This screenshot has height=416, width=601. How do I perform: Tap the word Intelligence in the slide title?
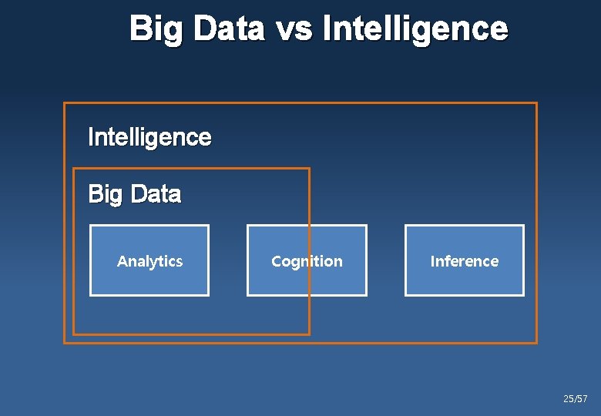click(415, 29)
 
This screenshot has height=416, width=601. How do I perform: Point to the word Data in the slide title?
click(228, 29)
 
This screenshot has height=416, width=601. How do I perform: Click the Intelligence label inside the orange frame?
click(149, 137)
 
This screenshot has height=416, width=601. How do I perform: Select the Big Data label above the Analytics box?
click(135, 194)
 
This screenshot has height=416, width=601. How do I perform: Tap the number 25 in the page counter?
click(569, 399)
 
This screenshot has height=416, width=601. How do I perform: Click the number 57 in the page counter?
click(583, 399)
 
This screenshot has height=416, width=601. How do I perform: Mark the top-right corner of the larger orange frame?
click(536, 103)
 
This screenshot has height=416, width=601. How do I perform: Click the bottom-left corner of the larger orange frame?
click(65, 342)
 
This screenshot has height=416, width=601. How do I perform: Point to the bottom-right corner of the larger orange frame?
click(536, 342)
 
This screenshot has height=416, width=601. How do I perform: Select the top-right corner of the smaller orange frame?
click(309, 169)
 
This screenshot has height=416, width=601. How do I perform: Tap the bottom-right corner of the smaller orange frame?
click(309, 334)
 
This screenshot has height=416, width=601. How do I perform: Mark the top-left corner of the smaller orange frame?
click(74, 169)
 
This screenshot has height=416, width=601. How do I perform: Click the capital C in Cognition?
click(276, 261)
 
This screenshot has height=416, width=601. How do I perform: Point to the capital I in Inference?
click(432, 261)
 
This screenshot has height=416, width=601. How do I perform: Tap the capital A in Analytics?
click(122, 261)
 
